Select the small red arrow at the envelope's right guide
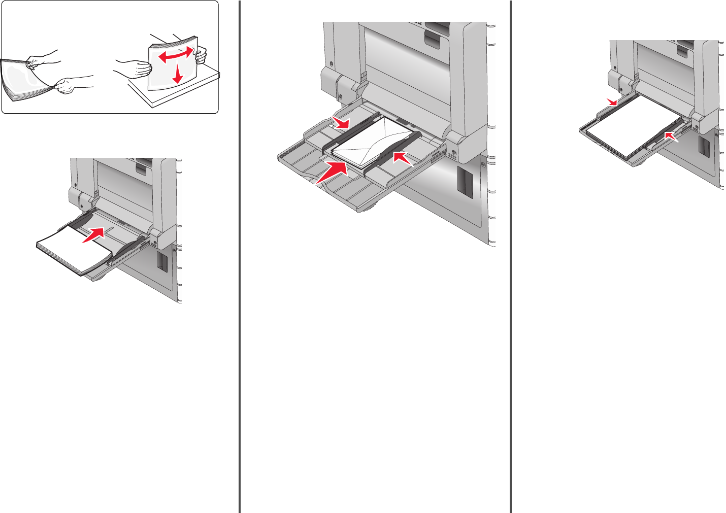[x=403, y=157]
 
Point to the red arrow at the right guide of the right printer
[x=671, y=135]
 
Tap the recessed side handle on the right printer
[x=704, y=145]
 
